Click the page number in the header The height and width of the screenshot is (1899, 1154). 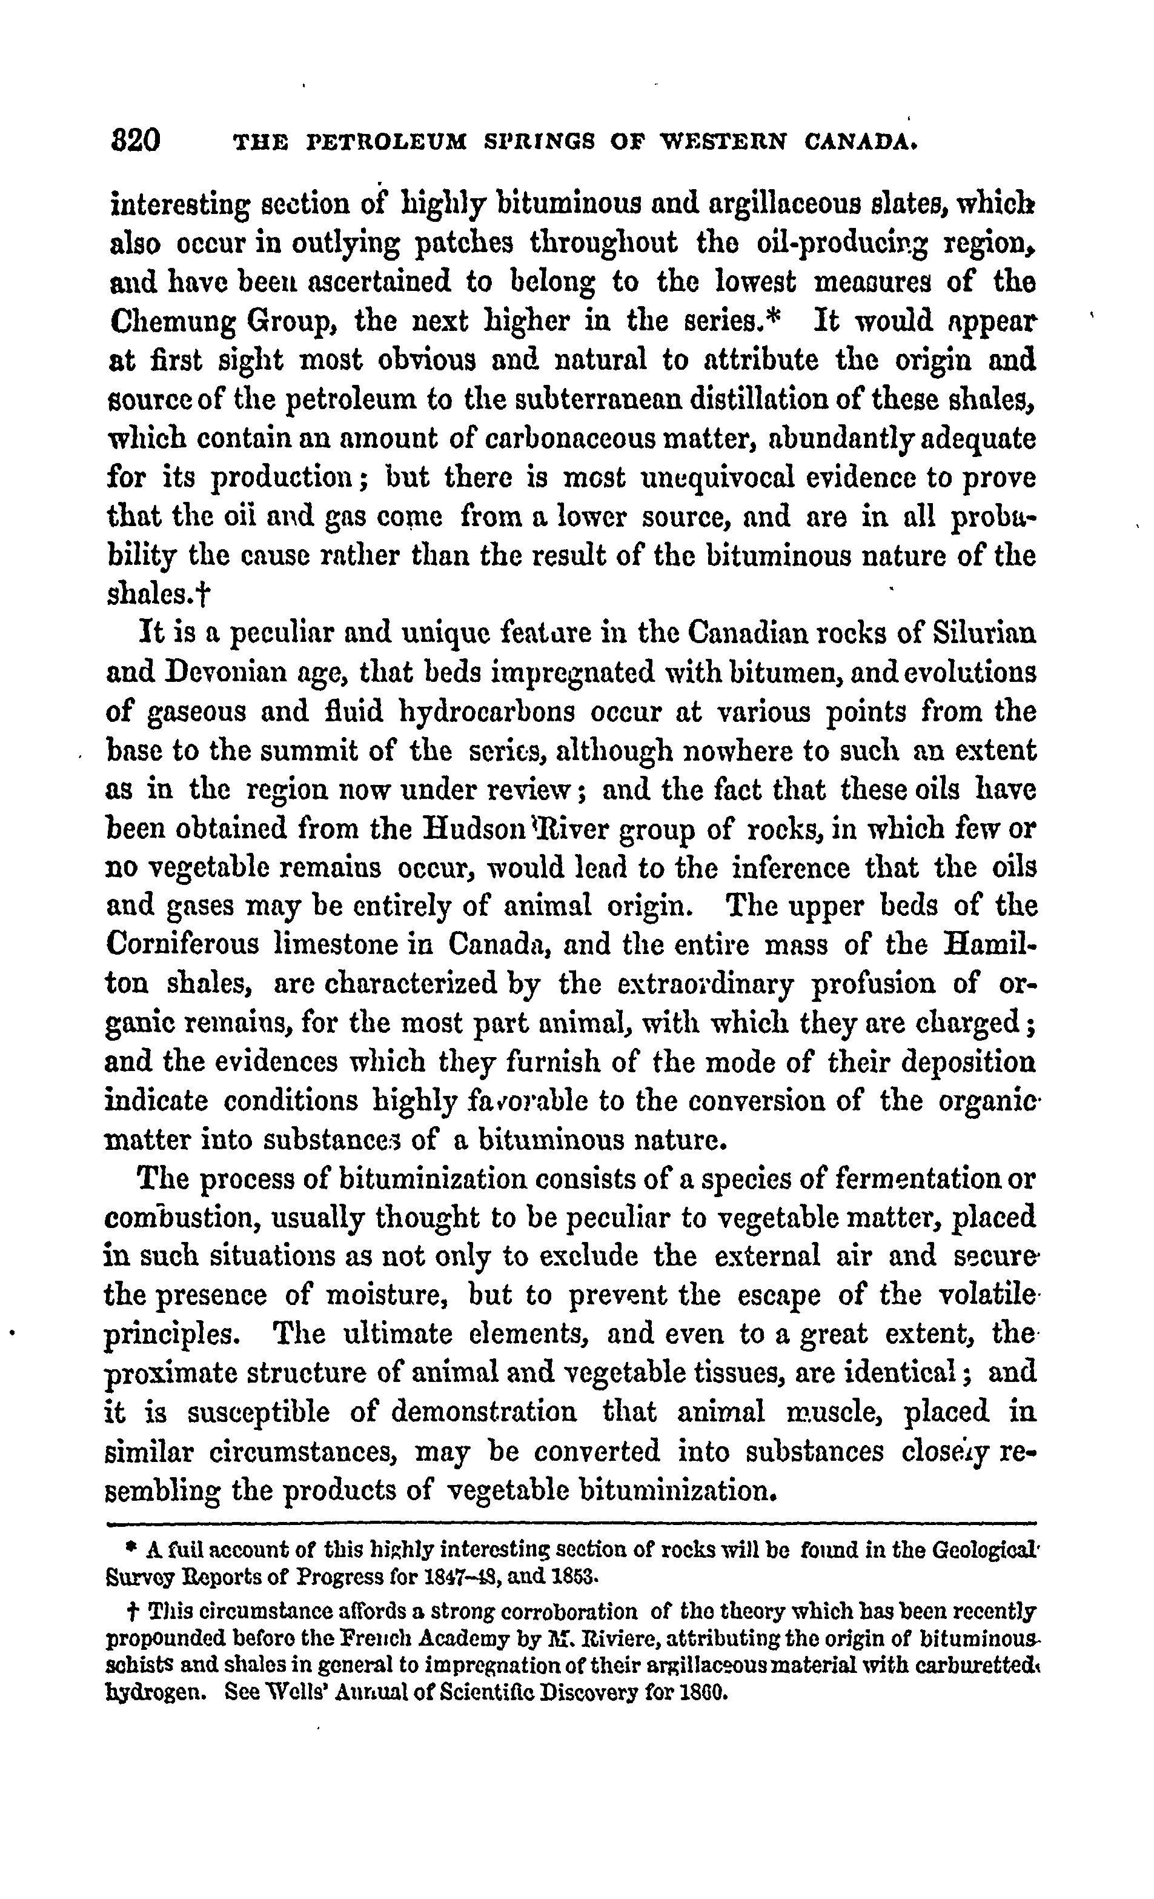pyautogui.click(x=136, y=142)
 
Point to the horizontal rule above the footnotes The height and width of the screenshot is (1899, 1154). pyautogui.click(x=570, y=1523)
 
